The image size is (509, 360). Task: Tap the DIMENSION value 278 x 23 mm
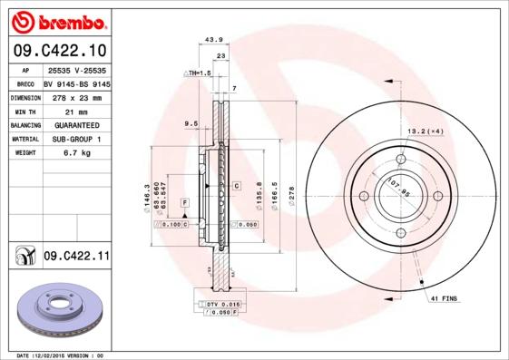[76, 97]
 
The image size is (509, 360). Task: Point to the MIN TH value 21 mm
[76, 111]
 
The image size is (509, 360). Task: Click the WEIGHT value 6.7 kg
[76, 153]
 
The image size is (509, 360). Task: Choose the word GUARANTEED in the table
[76, 125]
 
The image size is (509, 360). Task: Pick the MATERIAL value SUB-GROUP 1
[76, 140]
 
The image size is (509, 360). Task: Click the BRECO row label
[24, 83]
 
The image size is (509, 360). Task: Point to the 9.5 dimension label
[191, 122]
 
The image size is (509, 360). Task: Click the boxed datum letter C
[236, 186]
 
